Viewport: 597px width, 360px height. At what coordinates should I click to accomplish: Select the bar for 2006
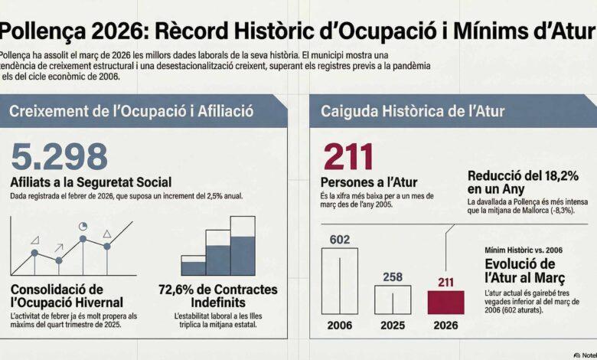pyautogui.click(x=339, y=280)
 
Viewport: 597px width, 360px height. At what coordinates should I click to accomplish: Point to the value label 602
pyautogui.click(x=339, y=240)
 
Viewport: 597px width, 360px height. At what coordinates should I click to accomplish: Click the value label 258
pyautogui.click(x=392, y=276)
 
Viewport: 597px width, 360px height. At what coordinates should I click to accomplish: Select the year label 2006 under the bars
pyautogui.click(x=339, y=325)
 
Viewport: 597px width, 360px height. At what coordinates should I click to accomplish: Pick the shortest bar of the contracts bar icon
pyautogui.click(x=194, y=263)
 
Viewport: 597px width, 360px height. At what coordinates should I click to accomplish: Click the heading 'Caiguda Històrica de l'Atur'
pyautogui.click(x=413, y=112)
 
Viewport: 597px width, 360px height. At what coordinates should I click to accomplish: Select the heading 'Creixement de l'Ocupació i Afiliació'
pyautogui.click(x=132, y=112)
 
